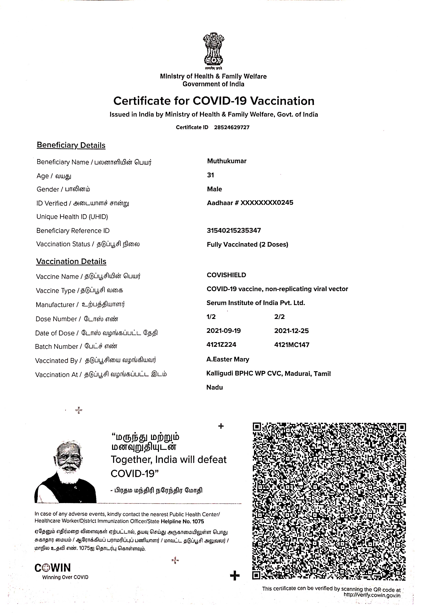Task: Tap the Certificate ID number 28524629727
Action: [x=232, y=127]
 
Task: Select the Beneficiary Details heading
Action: [x=71, y=145]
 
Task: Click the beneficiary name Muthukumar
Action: [x=227, y=161]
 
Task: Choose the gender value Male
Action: [x=215, y=189]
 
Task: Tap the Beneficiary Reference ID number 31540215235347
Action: [x=234, y=230]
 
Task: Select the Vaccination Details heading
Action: [x=71, y=261]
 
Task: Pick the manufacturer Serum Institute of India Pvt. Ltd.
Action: [x=256, y=303]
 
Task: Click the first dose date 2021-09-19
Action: [x=224, y=331]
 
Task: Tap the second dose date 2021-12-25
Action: [x=291, y=331]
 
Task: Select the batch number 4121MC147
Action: [x=292, y=345]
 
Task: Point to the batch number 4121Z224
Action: [x=221, y=345]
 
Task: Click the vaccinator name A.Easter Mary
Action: [x=228, y=359]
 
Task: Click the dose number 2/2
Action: [x=280, y=317]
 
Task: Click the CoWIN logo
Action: [x=53, y=568]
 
